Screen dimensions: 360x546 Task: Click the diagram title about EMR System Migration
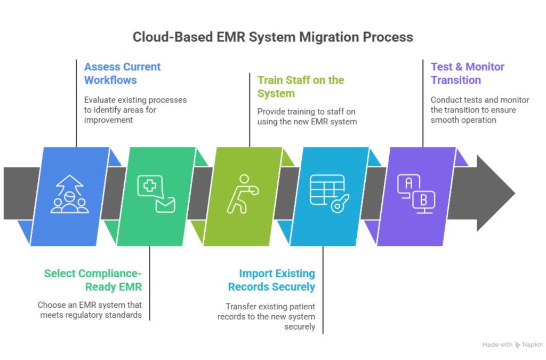pos(272,37)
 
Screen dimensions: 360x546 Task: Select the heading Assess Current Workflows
pos(122,74)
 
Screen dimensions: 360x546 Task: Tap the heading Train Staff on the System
pos(301,87)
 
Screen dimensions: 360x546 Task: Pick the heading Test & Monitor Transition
pos(467,74)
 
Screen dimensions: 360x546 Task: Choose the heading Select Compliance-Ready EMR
pos(93,280)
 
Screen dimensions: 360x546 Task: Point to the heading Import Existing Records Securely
pos(271,280)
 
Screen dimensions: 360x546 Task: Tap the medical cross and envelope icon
pos(156,194)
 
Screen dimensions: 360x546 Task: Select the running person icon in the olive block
pos(241,194)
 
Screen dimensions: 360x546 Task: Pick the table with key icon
pos(330,194)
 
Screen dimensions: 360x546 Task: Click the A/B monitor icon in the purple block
pos(416,194)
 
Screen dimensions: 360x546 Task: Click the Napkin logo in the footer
pos(528,345)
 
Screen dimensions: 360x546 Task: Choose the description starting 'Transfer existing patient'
pos(266,316)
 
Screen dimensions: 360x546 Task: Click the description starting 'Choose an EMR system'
pos(90,310)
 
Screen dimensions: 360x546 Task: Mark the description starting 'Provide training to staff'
pos(307,117)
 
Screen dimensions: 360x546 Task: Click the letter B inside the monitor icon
pos(424,201)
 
